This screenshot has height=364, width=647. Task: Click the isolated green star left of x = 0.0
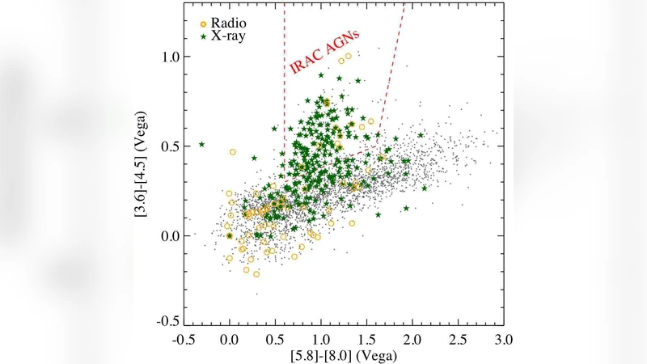pyautogui.click(x=201, y=145)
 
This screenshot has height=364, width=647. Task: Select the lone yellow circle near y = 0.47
pyautogui.click(x=233, y=151)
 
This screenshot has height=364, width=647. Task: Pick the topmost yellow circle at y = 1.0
pyautogui.click(x=349, y=57)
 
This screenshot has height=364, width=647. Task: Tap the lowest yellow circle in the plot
pyautogui.click(x=256, y=274)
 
